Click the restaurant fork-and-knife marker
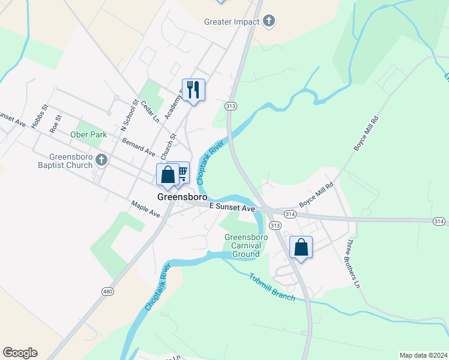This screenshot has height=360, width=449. tap(193, 90)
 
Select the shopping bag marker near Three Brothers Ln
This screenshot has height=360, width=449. tap(301, 247)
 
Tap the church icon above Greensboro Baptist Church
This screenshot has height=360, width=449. tap(102, 160)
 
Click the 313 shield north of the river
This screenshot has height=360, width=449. tap(230, 106)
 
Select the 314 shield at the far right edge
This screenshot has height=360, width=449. tap(439, 222)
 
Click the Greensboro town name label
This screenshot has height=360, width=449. tap(182, 197)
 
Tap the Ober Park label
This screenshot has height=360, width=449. tap(88, 135)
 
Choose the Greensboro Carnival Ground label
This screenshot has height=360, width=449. tap(243, 245)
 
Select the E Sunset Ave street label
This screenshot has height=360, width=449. tap(232, 207)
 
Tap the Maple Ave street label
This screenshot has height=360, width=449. tap(145, 209)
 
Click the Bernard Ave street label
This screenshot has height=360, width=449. tap(138, 146)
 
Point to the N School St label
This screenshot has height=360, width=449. tap(129, 115)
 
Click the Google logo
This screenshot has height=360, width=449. tap(20, 353)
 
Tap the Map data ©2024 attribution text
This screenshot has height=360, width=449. tap(423, 355)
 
